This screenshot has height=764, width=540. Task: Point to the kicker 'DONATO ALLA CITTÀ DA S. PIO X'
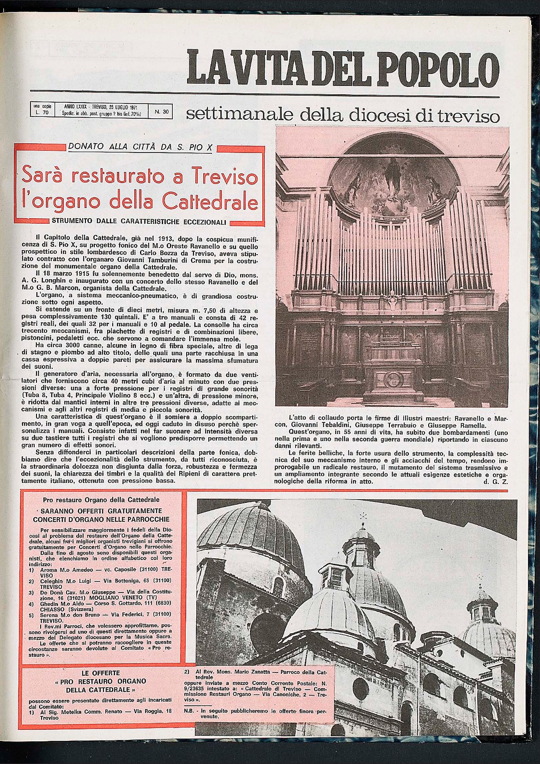click(x=140, y=147)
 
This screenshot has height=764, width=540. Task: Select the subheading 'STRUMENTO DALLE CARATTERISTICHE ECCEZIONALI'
click(x=139, y=221)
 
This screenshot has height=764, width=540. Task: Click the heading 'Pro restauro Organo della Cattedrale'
click(x=101, y=500)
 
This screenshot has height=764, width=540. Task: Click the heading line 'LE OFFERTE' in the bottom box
click(x=100, y=673)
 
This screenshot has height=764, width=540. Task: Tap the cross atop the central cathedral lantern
click(x=363, y=516)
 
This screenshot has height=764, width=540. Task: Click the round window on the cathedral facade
click(x=360, y=689)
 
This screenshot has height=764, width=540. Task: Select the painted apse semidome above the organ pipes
click(x=394, y=176)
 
